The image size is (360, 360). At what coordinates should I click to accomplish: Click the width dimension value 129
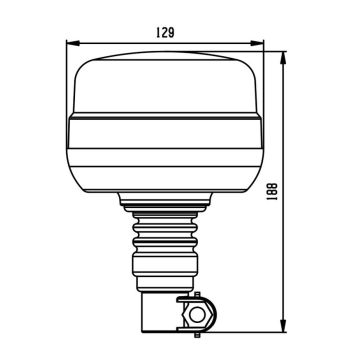(x=165, y=32)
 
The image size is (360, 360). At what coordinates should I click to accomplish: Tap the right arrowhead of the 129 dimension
(x=261, y=42)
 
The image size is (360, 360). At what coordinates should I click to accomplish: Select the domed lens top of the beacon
(x=165, y=85)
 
